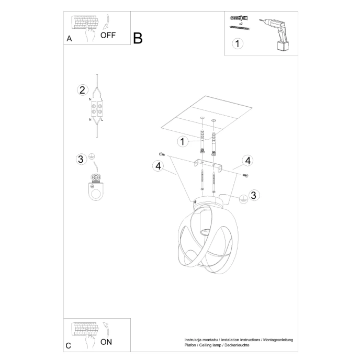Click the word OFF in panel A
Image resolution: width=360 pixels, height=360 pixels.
click(108, 36)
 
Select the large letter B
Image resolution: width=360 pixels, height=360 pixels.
click(138, 38)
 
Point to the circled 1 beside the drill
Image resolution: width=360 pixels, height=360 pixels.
click(238, 43)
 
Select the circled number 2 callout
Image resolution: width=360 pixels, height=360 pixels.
click(82, 89)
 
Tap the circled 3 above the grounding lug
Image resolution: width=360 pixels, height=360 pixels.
click(81, 159)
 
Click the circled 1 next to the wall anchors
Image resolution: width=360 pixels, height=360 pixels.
click(182, 141)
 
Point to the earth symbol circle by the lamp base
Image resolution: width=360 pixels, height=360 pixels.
click(242, 199)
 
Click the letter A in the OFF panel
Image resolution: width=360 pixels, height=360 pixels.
click(69, 39)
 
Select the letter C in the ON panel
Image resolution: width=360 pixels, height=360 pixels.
click(69, 346)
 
